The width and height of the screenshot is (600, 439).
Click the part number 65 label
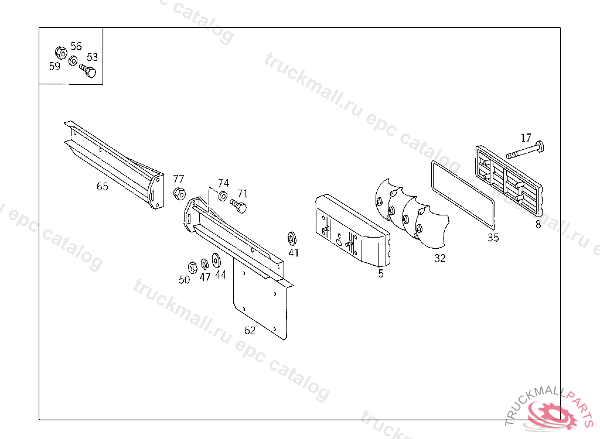pos(103,187)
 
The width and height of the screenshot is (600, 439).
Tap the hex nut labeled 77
pos(179,193)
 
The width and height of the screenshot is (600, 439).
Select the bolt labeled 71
pos(239,205)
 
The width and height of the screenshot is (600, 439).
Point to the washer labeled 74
pos(223,196)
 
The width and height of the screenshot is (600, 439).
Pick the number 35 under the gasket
pos(493,237)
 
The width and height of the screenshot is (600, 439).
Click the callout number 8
pos(538,224)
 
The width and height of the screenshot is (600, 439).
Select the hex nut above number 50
pos(192,267)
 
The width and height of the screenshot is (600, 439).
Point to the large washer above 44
pos(217,259)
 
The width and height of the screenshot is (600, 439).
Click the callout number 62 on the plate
pos(250,330)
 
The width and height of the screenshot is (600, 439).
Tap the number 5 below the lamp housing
pos(380,273)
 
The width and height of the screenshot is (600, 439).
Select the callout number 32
pos(439,258)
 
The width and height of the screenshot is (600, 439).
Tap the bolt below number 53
pos(88,72)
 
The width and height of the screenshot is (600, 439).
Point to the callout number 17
pos(526,138)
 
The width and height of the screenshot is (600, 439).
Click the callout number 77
pos(179,179)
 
